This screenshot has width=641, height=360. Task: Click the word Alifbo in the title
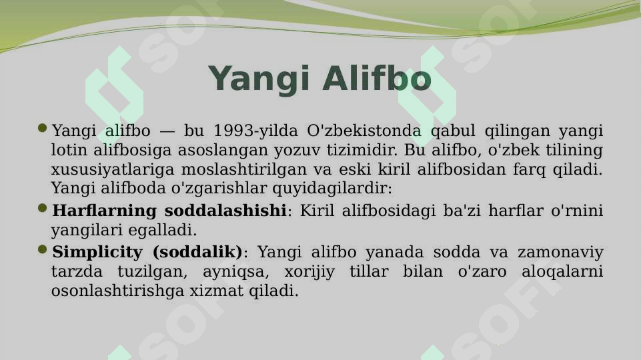377,79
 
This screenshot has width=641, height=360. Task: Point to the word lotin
70,150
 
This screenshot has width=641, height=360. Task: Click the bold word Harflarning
103,211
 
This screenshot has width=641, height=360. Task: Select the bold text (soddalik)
197,253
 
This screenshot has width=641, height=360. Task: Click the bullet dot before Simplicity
43,251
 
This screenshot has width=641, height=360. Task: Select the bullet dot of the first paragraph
43,128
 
